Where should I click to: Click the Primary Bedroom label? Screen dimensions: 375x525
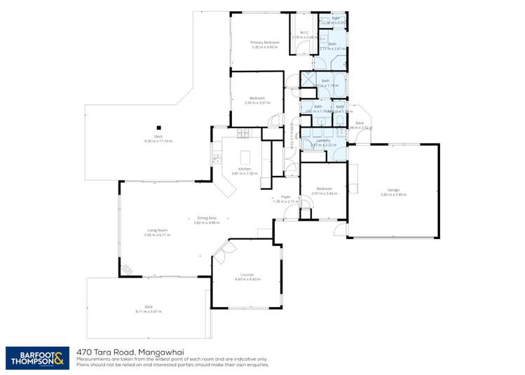[x=266, y=43]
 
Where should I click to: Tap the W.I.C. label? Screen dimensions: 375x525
[x=304, y=32]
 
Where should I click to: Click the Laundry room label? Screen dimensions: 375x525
[x=323, y=140]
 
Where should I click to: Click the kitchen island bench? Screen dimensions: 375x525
[x=246, y=156]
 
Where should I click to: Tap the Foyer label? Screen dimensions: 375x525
[x=285, y=197]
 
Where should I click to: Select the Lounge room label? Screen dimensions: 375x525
[x=247, y=274]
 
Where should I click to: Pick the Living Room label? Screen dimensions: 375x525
[x=156, y=230]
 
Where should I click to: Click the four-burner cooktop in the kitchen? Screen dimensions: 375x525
[x=243, y=133]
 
